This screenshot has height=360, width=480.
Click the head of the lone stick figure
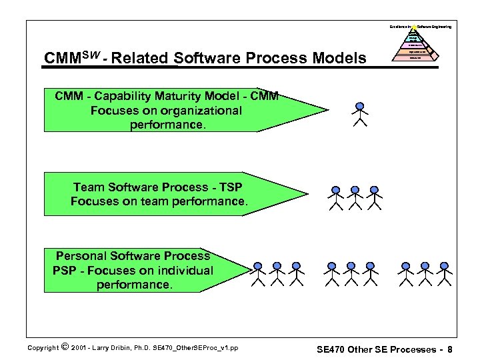pos(360,106)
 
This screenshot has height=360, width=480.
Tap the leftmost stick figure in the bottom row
pos(259,273)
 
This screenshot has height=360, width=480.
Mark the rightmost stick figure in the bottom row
pos(443,273)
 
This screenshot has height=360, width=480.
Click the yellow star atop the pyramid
pos(414,27)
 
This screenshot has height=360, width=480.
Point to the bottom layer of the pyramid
pos(415,58)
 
